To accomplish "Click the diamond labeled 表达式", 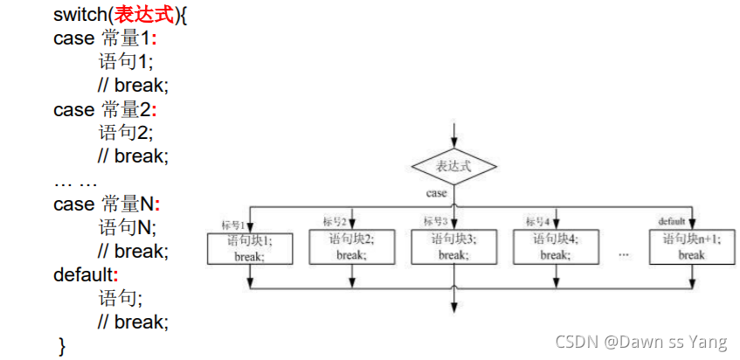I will [453, 165].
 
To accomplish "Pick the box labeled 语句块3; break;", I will [453, 246].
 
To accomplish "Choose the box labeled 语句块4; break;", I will [554, 246].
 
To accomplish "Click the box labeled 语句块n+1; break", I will [691, 246].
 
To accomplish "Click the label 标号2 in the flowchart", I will [335, 221].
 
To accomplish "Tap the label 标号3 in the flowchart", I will [436, 221].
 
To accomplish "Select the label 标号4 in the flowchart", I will [537, 221].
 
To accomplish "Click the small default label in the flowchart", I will [672, 221].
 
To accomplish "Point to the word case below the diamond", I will [437, 192].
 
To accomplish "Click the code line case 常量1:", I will [106, 38].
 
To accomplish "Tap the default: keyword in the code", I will [86, 274].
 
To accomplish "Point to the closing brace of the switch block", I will [61, 346].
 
